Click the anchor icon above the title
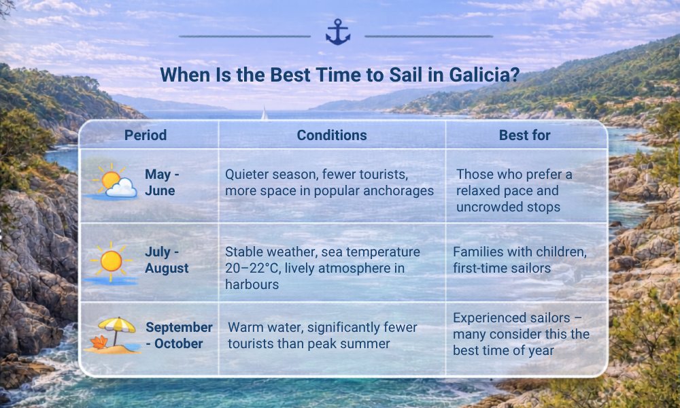pos(338,32)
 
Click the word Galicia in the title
pos(484,75)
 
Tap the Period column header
pos(146,135)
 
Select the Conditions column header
pos(332,135)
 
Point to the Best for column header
pos(524,135)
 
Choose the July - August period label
pos(167,260)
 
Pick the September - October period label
pos(179,335)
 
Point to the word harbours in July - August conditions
pos(252,284)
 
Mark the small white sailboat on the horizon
pos(264,114)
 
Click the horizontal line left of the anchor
pos(245,37)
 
